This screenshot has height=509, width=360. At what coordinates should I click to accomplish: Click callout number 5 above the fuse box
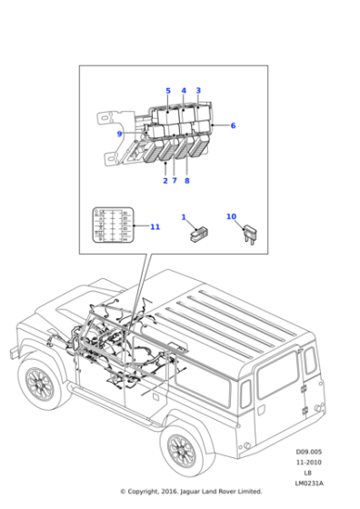click(168, 90)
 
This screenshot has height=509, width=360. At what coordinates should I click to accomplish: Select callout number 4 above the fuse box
click(184, 90)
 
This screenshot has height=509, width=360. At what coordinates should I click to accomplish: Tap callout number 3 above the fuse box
click(198, 90)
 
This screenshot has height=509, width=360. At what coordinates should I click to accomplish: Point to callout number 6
click(233, 125)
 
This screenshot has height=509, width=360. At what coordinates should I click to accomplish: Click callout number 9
click(119, 135)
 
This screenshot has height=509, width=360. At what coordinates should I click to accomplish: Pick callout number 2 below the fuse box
click(165, 181)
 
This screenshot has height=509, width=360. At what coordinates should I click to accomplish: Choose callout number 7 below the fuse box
click(175, 181)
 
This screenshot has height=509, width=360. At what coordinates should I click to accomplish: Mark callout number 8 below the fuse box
click(187, 181)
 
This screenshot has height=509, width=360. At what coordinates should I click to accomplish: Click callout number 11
click(155, 226)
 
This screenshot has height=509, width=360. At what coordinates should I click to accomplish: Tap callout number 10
click(231, 217)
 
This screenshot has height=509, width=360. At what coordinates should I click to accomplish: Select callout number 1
click(183, 217)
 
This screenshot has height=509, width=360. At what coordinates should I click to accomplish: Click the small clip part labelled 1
click(195, 235)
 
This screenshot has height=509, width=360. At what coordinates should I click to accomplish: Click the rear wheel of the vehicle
click(183, 449)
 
